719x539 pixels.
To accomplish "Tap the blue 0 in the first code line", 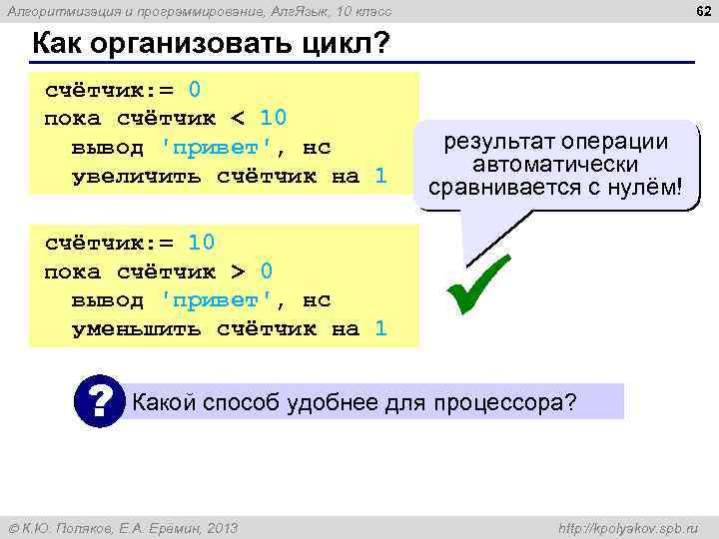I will (196, 89).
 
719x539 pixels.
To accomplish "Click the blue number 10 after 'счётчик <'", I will (274, 118).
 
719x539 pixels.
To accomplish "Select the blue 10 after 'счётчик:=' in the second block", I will (202, 243).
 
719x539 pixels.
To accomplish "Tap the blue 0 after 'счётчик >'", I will (267, 270).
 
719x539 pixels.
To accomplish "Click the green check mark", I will (479, 284).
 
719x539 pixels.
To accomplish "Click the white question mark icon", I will (99, 401).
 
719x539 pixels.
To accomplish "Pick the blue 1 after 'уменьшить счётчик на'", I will (380, 328).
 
